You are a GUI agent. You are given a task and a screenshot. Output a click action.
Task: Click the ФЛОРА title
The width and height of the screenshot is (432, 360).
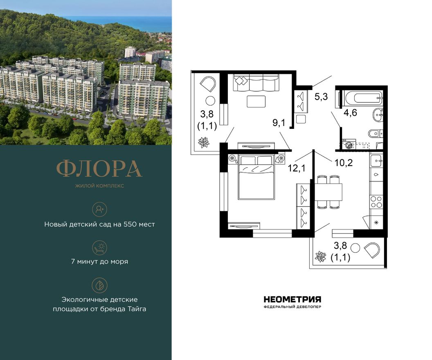99,168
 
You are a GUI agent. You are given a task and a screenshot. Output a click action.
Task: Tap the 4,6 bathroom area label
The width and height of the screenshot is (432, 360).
350,112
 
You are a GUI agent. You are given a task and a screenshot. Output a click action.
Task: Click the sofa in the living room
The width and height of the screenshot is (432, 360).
256,83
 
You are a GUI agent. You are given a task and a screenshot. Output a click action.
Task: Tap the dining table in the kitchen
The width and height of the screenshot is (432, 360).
328,192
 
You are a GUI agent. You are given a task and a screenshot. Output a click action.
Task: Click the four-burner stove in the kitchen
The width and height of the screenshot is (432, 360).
376,202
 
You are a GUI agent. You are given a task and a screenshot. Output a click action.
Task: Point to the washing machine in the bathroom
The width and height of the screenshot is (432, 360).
349,145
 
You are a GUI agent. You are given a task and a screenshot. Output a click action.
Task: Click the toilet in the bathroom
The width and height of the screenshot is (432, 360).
375,133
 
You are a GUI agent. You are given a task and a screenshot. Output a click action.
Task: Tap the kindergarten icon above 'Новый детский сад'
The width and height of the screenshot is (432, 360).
99,209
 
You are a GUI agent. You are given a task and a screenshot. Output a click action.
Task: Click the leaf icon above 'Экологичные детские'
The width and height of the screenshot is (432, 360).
99,285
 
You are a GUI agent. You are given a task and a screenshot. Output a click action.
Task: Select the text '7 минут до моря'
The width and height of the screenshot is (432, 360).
99,261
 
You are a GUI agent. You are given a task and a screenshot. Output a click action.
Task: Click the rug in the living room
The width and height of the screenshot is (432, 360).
256,101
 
